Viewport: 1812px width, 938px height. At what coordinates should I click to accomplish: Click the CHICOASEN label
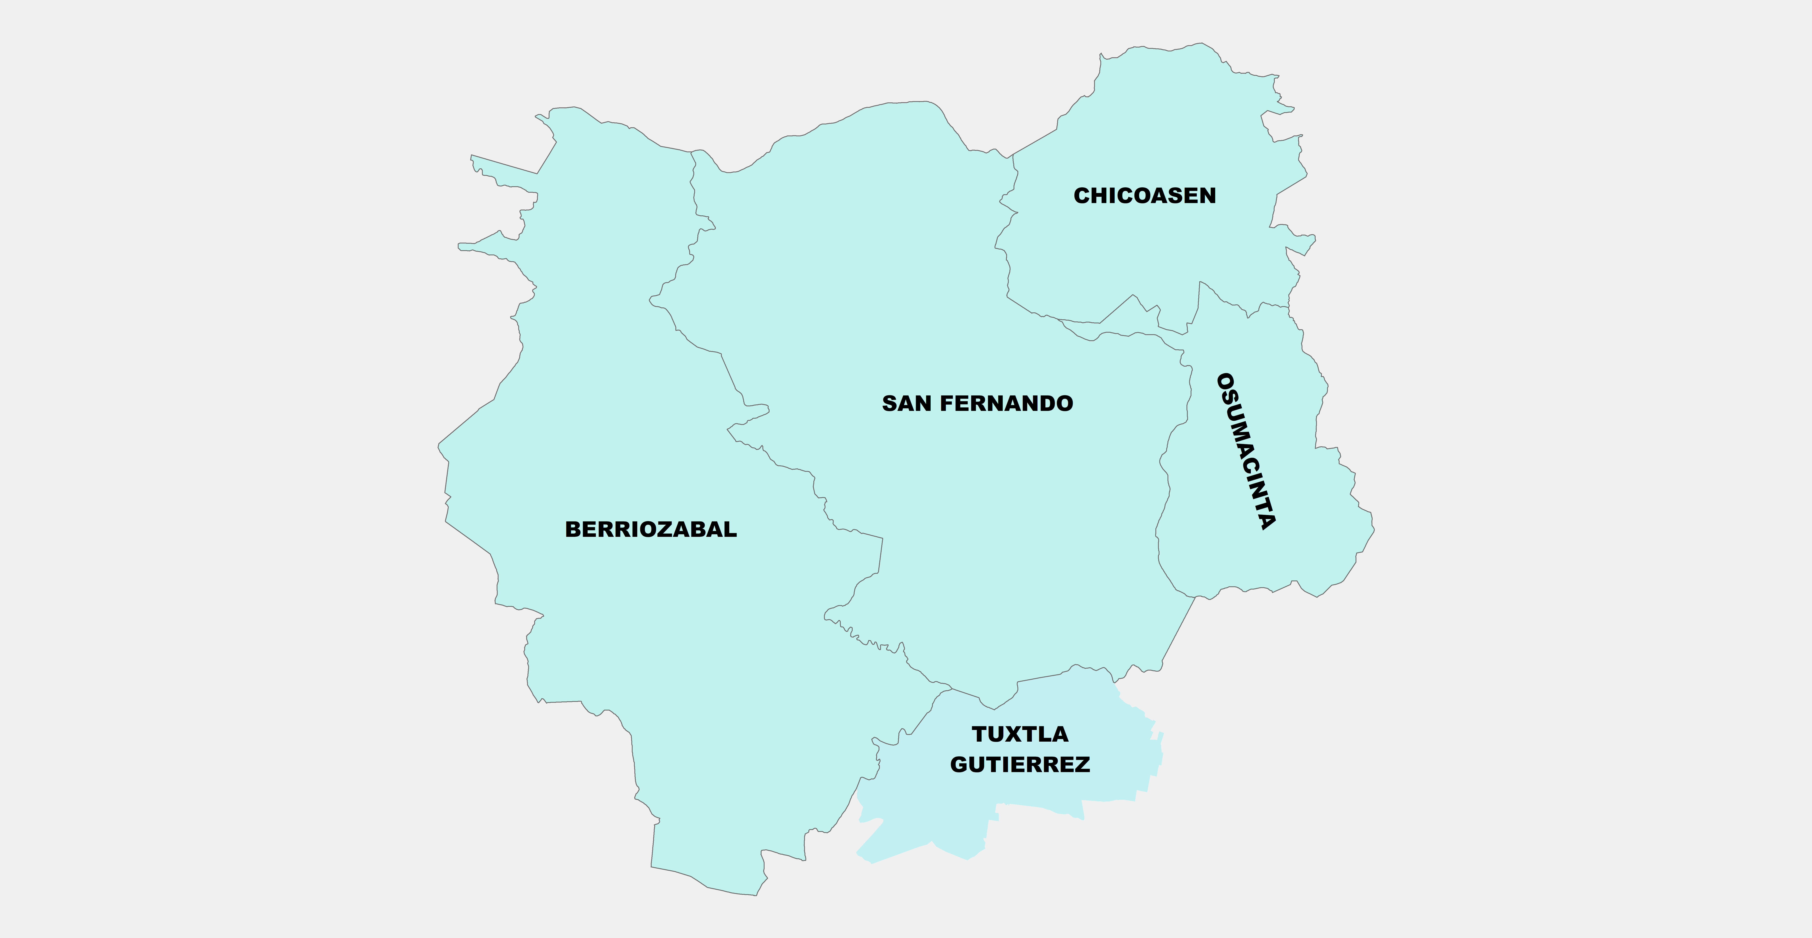pyautogui.click(x=1144, y=196)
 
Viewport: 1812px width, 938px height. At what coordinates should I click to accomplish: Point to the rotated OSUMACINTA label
pyautogui.click(x=1247, y=451)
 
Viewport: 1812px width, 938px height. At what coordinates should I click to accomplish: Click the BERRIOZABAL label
pyautogui.click(x=651, y=529)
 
